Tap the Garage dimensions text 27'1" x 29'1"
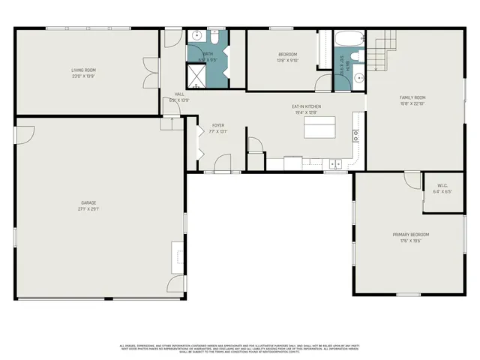tap(89, 209)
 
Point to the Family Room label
tap(412, 97)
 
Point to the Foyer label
tap(217, 125)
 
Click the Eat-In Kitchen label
tap(306, 106)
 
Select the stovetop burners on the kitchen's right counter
tap(355, 136)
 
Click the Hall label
tap(179, 94)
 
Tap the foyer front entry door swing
tap(223, 162)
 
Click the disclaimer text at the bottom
tap(240, 348)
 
